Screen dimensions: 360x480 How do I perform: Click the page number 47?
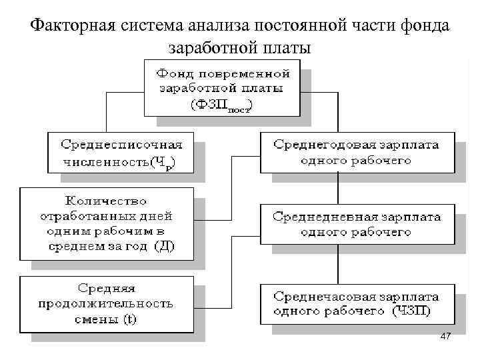click(x=446, y=337)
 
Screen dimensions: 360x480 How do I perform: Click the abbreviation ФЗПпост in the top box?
click(x=221, y=105)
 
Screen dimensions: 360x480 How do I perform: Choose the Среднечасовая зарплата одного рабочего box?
click(x=355, y=303)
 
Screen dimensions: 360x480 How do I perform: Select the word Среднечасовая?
click(x=321, y=295)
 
